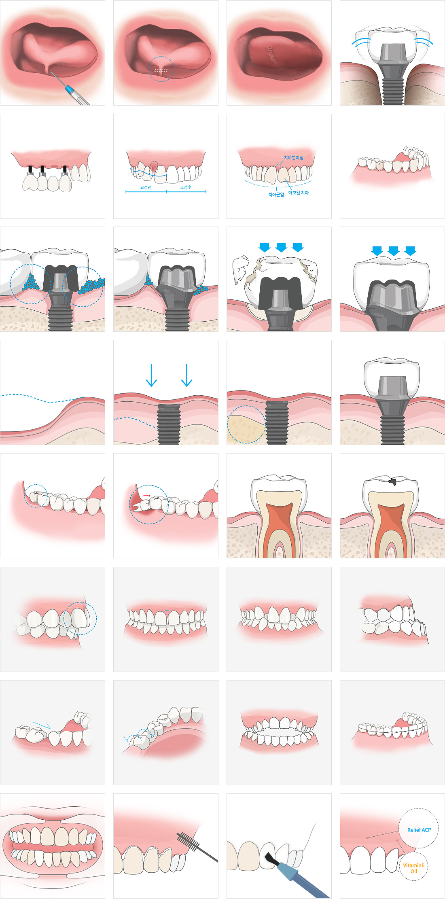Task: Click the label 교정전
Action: click(x=146, y=187)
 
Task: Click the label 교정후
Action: click(x=186, y=187)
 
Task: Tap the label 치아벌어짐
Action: click(x=294, y=157)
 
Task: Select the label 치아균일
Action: click(x=276, y=195)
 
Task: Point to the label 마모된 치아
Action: click(x=299, y=193)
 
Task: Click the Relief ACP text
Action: click(x=419, y=830)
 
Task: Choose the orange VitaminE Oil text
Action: click(x=413, y=868)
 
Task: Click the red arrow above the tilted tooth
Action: click(x=146, y=495)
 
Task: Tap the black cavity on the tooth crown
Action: click(x=392, y=481)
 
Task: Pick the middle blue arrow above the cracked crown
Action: click(x=281, y=247)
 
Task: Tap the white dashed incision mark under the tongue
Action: click(x=161, y=70)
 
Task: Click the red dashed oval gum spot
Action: click(x=154, y=168)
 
